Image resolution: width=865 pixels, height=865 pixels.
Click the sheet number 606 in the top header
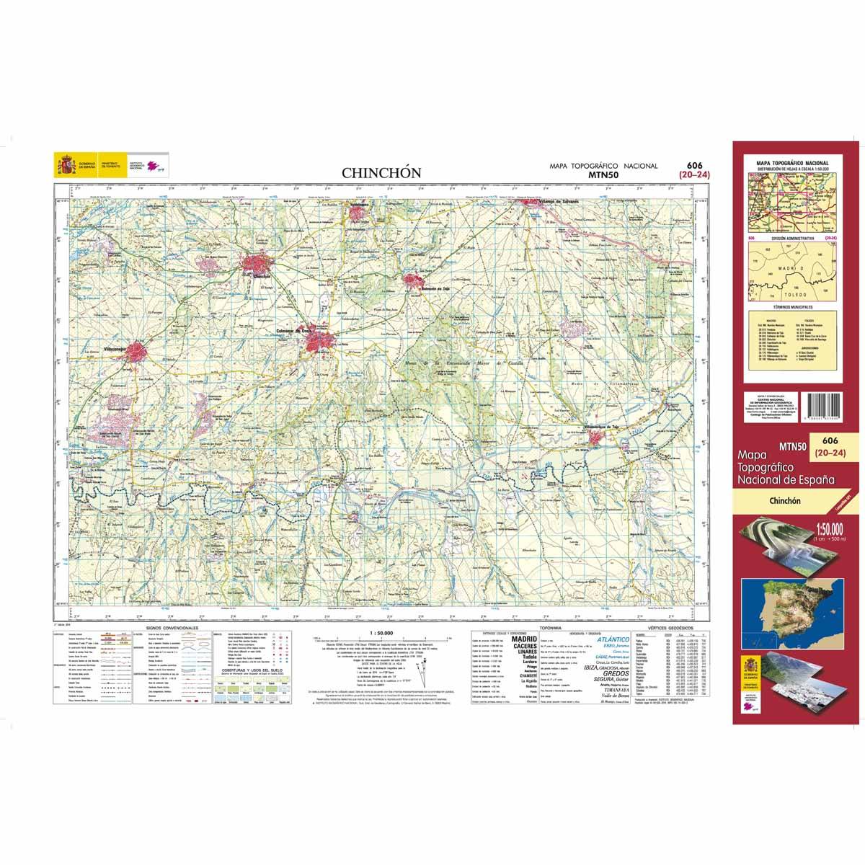695,165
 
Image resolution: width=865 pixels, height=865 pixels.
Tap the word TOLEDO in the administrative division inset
787,296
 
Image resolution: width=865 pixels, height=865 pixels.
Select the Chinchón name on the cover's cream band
787,500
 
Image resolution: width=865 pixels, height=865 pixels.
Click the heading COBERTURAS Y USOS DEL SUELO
247,668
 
